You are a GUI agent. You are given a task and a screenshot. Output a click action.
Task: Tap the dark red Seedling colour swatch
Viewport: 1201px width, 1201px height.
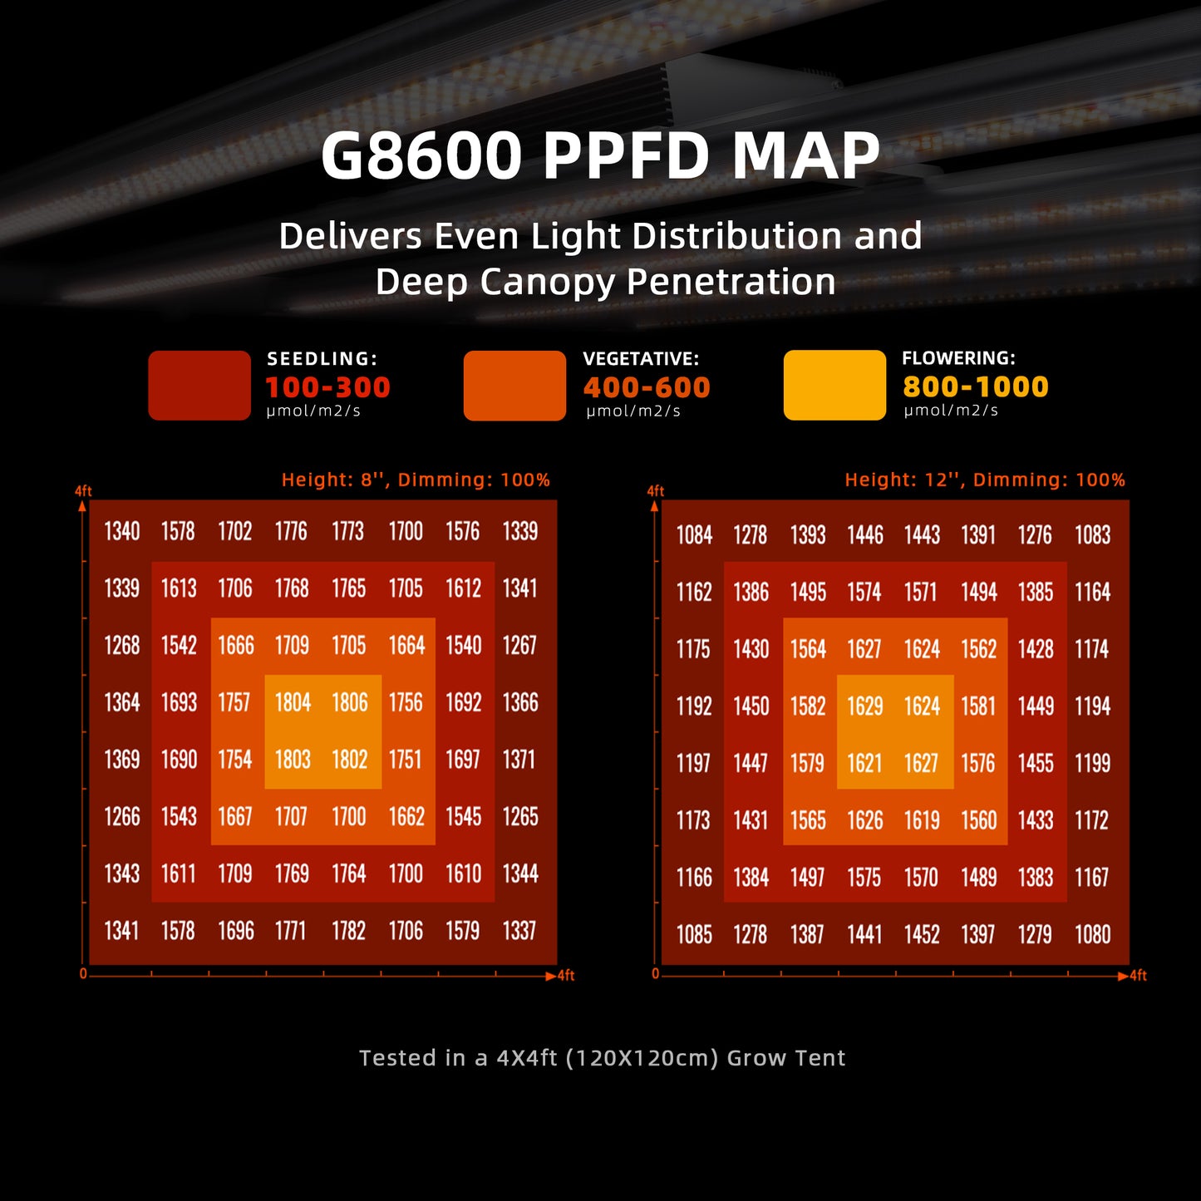pyautogui.click(x=199, y=386)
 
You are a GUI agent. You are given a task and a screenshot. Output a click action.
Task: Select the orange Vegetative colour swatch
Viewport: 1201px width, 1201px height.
pyautogui.click(x=514, y=386)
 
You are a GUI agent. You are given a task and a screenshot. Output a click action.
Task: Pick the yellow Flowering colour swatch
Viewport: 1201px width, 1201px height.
pyautogui.click(x=834, y=385)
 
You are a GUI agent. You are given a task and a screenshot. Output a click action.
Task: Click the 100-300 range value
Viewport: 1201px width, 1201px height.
pyautogui.click(x=327, y=387)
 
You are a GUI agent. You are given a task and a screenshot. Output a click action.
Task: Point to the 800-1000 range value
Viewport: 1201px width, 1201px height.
pyautogui.click(x=975, y=386)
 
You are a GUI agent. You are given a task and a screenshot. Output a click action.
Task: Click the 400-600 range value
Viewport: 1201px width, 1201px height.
pyautogui.click(x=647, y=387)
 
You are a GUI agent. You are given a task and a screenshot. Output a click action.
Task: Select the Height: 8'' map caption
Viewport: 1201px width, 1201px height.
pyautogui.click(x=416, y=480)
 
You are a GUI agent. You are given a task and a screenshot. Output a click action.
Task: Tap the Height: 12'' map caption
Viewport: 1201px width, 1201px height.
pyautogui.click(x=985, y=480)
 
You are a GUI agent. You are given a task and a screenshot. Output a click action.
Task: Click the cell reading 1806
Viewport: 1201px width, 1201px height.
pyautogui.click(x=350, y=703)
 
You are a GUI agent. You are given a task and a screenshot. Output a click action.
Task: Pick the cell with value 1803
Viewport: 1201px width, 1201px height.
pyautogui.click(x=293, y=760)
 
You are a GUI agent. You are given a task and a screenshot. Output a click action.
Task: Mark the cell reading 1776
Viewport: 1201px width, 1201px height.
pyautogui.click(x=292, y=531)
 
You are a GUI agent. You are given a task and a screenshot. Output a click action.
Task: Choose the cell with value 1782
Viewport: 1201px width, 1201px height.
pyautogui.click(x=349, y=931)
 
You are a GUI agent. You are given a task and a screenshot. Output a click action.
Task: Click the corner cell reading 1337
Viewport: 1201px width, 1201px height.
pyautogui.click(x=519, y=931)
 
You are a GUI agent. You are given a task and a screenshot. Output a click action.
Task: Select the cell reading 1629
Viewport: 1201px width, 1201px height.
pyautogui.click(x=865, y=706)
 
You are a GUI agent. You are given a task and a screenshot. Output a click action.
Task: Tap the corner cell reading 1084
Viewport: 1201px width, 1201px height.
pyautogui.click(x=694, y=535)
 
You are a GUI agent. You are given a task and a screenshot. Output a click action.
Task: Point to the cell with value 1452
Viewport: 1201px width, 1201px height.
pyautogui.click(x=922, y=935)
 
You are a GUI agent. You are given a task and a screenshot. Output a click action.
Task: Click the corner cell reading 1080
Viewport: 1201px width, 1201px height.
pyautogui.click(x=1092, y=935)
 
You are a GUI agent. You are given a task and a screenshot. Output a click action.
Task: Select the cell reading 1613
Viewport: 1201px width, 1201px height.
pyautogui.click(x=179, y=588)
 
